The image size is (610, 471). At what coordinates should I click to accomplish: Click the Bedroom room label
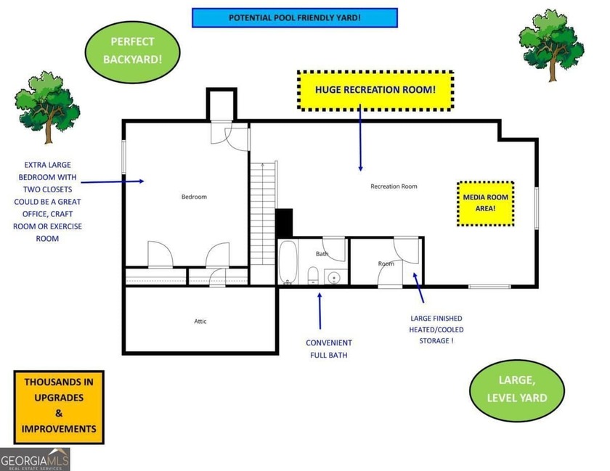click(194, 197)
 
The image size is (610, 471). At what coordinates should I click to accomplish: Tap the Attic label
click(200, 321)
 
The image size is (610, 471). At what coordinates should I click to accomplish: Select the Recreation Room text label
click(394, 187)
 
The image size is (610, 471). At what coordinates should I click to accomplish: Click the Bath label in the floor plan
click(322, 254)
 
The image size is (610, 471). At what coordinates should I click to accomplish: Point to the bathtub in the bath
click(288, 262)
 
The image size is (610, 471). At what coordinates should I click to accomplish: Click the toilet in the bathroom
click(313, 275)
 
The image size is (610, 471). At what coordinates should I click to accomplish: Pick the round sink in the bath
click(334, 277)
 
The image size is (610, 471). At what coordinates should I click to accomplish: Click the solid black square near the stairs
click(284, 222)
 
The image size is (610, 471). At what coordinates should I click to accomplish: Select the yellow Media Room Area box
click(485, 203)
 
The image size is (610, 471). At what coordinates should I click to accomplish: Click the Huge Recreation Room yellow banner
click(375, 90)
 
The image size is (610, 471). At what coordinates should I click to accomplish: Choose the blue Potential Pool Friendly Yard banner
click(294, 17)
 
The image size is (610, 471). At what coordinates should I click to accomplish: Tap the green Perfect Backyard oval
click(132, 51)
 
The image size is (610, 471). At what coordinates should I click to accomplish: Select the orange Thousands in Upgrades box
click(59, 407)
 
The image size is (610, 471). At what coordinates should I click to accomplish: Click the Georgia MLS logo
click(35, 459)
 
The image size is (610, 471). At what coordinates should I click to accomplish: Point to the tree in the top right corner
click(551, 43)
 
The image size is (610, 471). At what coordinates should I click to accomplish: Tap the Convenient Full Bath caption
click(328, 348)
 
